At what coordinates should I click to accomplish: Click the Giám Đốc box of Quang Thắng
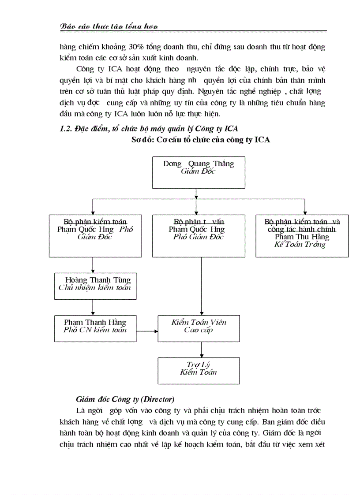click(199, 172)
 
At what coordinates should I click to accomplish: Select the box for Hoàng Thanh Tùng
click(93, 286)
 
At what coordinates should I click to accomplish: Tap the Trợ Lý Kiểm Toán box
click(199, 370)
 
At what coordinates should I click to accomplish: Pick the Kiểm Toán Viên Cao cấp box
click(199, 328)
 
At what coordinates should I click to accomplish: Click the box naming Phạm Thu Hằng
click(302, 236)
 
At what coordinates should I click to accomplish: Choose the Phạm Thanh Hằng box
click(95, 328)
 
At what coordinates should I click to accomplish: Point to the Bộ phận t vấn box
click(199, 236)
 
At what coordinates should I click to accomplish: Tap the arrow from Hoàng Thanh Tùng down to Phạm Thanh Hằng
click(93, 307)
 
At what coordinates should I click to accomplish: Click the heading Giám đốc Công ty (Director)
click(125, 399)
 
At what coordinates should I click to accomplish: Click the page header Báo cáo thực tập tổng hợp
click(109, 27)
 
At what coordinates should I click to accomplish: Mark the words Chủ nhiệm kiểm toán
click(94, 288)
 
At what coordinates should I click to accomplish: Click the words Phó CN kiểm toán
click(95, 330)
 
